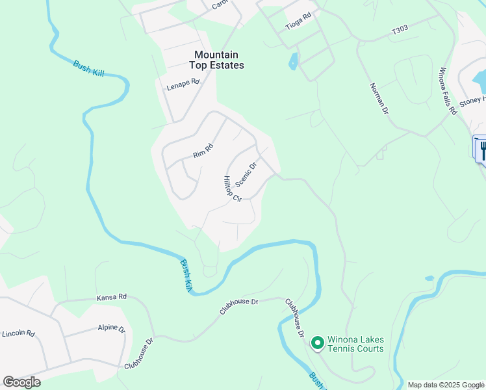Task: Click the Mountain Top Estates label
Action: click(216, 60)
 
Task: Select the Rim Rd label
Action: click(203, 151)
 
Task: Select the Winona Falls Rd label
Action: click(448, 91)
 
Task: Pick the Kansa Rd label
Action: click(112, 296)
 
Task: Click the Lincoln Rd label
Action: click(18, 333)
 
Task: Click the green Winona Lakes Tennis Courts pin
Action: click(318, 343)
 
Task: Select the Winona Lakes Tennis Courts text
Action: click(355, 344)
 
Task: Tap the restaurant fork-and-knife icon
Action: click(482, 150)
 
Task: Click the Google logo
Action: click(21, 382)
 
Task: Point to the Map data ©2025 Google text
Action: click(445, 385)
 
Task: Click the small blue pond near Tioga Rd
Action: click(294, 62)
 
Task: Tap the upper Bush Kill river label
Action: click(88, 68)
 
